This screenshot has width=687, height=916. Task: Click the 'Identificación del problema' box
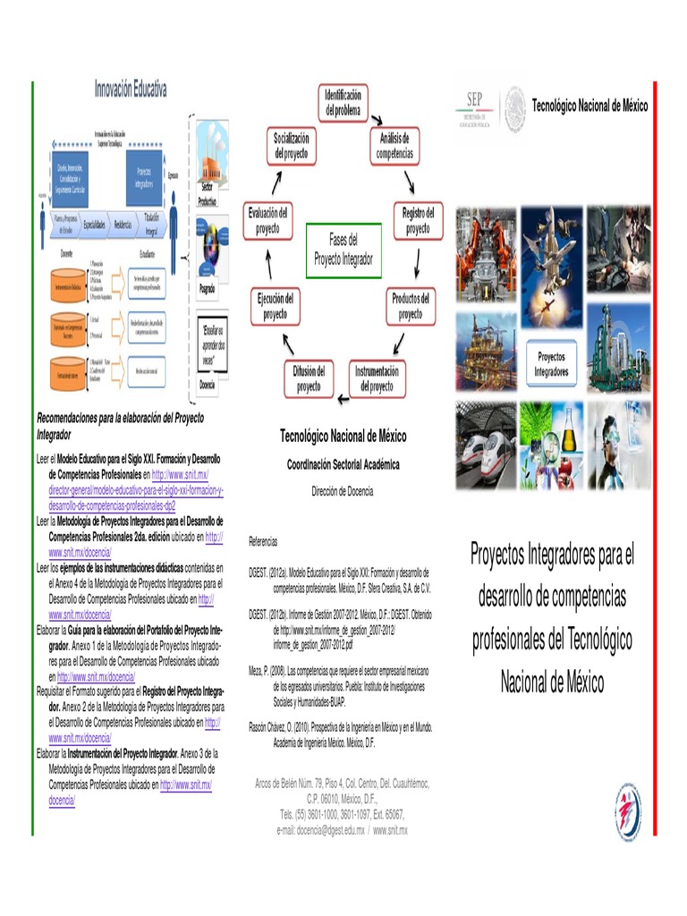[343, 102]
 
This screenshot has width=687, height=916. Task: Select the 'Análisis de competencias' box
[394, 146]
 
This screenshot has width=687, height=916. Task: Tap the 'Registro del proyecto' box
[418, 220]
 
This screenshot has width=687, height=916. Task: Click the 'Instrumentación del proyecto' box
[377, 378]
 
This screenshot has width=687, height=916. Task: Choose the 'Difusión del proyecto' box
[309, 378]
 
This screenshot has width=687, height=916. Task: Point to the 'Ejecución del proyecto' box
[276, 307]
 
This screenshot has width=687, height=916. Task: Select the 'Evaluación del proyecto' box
[267, 220]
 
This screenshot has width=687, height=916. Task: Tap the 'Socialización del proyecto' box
[292, 146]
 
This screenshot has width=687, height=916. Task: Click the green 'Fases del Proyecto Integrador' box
[343, 250]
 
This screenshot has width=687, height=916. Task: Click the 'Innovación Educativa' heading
[131, 89]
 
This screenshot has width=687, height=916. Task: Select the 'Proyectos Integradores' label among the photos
[552, 363]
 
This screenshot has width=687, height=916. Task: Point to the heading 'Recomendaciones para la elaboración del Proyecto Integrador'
[120, 426]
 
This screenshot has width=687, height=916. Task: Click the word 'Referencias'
[263, 542]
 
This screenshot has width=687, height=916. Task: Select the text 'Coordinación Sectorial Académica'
[343, 465]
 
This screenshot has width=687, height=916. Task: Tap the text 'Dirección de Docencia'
[343, 491]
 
